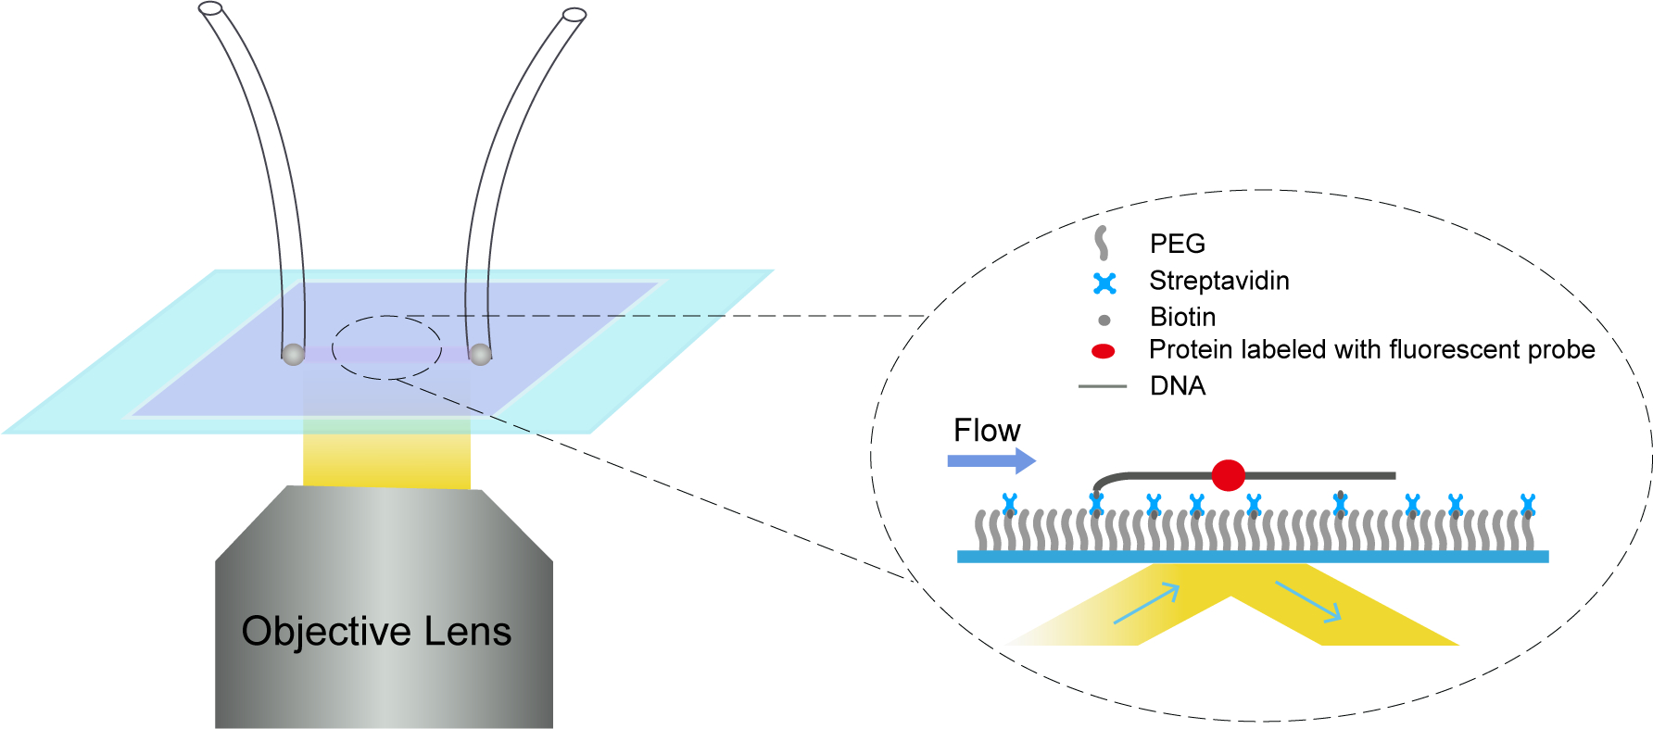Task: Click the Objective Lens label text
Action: click(376, 632)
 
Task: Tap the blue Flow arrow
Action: click(991, 460)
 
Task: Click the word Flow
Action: click(987, 431)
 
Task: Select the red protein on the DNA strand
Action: click(1228, 475)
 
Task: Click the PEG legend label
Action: click(1178, 244)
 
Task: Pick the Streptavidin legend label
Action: click(1218, 281)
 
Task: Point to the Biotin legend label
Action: click(1182, 317)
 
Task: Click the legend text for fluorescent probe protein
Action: click(1371, 350)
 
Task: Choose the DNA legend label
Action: click(1178, 386)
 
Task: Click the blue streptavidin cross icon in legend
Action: click(1104, 283)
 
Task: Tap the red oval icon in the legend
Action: click(1103, 351)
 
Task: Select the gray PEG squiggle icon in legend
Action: click(1102, 243)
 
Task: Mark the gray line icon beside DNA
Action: click(1102, 386)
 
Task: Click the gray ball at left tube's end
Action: click(293, 354)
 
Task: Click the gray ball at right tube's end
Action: click(480, 354)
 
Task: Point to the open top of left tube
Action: click(210, 8)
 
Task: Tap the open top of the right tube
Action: click(574, 15)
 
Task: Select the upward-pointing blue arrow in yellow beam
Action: click(1146, 604)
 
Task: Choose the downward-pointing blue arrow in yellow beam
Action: click(1307, 601)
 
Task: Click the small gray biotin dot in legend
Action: click(1104, 321)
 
